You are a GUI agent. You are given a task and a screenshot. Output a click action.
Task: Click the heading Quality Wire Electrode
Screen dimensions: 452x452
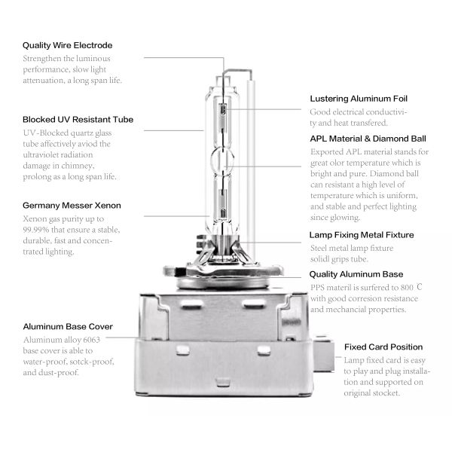coord(68,45)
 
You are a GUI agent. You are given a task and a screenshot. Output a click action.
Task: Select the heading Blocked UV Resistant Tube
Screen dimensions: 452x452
coord(78,119)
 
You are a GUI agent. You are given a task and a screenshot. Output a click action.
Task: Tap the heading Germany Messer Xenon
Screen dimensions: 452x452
coord(72,205)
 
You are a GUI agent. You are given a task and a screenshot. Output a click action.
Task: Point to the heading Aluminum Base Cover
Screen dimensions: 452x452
coord(68,326)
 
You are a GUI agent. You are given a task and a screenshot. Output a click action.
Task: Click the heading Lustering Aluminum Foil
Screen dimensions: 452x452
coord(359,99)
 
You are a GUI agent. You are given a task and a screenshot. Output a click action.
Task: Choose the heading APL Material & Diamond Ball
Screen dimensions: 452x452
coord(368,139)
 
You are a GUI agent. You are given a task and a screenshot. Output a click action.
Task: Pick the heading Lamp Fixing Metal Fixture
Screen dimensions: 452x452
coord(362,235)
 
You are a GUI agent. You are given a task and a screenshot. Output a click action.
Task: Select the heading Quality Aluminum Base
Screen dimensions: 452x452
coord(356,274)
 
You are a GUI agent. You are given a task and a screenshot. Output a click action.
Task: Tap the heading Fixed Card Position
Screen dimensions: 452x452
coord(383,347)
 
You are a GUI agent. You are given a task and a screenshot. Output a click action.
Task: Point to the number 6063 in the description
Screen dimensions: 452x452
coord(91,340)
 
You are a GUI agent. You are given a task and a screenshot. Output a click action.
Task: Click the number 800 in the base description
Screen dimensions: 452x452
coord(407,288)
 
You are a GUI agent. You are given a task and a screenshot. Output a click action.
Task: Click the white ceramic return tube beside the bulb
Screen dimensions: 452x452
coord(251,170)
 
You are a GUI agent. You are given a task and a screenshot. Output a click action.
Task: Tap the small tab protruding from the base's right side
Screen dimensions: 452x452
coord(324,354)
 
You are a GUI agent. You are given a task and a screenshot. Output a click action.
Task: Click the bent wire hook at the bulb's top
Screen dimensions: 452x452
coord(238,70)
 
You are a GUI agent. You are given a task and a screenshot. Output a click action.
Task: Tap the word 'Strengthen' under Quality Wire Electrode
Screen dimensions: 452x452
coord(41,59)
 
